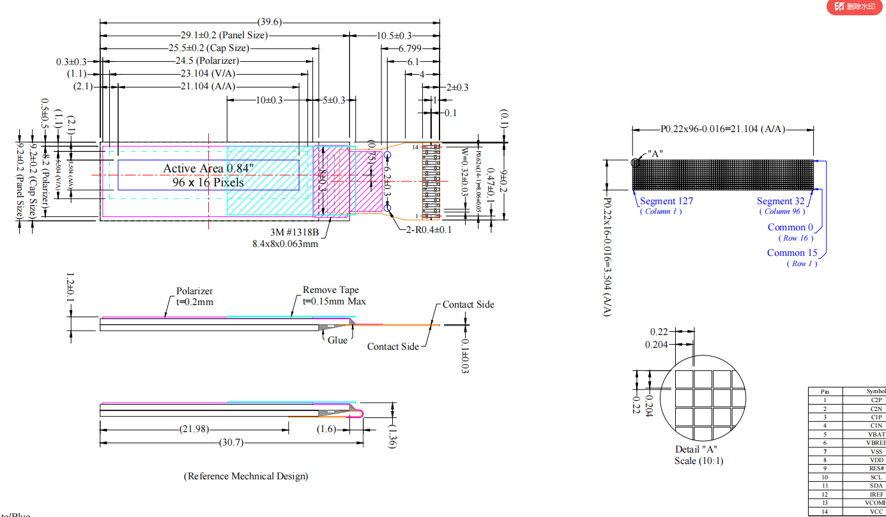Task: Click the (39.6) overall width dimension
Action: point(270,22)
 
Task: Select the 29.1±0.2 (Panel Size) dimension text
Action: point(224,36)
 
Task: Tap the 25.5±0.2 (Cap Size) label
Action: point(209,48)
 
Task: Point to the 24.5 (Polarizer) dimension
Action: point(207,61)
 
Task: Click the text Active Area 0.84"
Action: point(208,168)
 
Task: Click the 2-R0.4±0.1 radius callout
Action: point(429,230)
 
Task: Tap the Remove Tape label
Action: point(331,290)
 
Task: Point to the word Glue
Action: point(337,340)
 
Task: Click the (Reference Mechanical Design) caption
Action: point(246,476)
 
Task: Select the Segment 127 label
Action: point(666,201)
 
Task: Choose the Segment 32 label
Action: point(781,201)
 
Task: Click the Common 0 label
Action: point(791,227)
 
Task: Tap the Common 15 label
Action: point(792,253)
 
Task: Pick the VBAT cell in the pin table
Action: point(876,434)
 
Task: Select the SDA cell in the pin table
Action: point(876,486)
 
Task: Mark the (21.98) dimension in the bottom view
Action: point(194,429)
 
